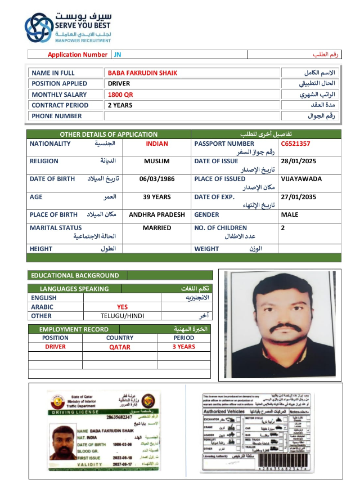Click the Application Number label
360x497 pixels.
click(77, 55)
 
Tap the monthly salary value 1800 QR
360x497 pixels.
click(120, 95)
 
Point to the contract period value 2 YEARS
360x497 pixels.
click(120, 105)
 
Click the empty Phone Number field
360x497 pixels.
click(192, 116)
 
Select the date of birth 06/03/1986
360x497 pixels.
click(157, 179)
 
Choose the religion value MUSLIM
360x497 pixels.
click(157, 161)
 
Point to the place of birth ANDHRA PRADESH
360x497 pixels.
click(157, 215)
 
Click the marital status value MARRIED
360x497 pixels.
click(157, 228)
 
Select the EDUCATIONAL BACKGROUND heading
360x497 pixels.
click(75, 276)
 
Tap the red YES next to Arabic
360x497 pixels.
click(122, 307)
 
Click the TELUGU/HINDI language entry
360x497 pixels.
click(122, 316)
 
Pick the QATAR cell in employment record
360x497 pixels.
click(120, 347)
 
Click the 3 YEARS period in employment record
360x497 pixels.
click(184, 347)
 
